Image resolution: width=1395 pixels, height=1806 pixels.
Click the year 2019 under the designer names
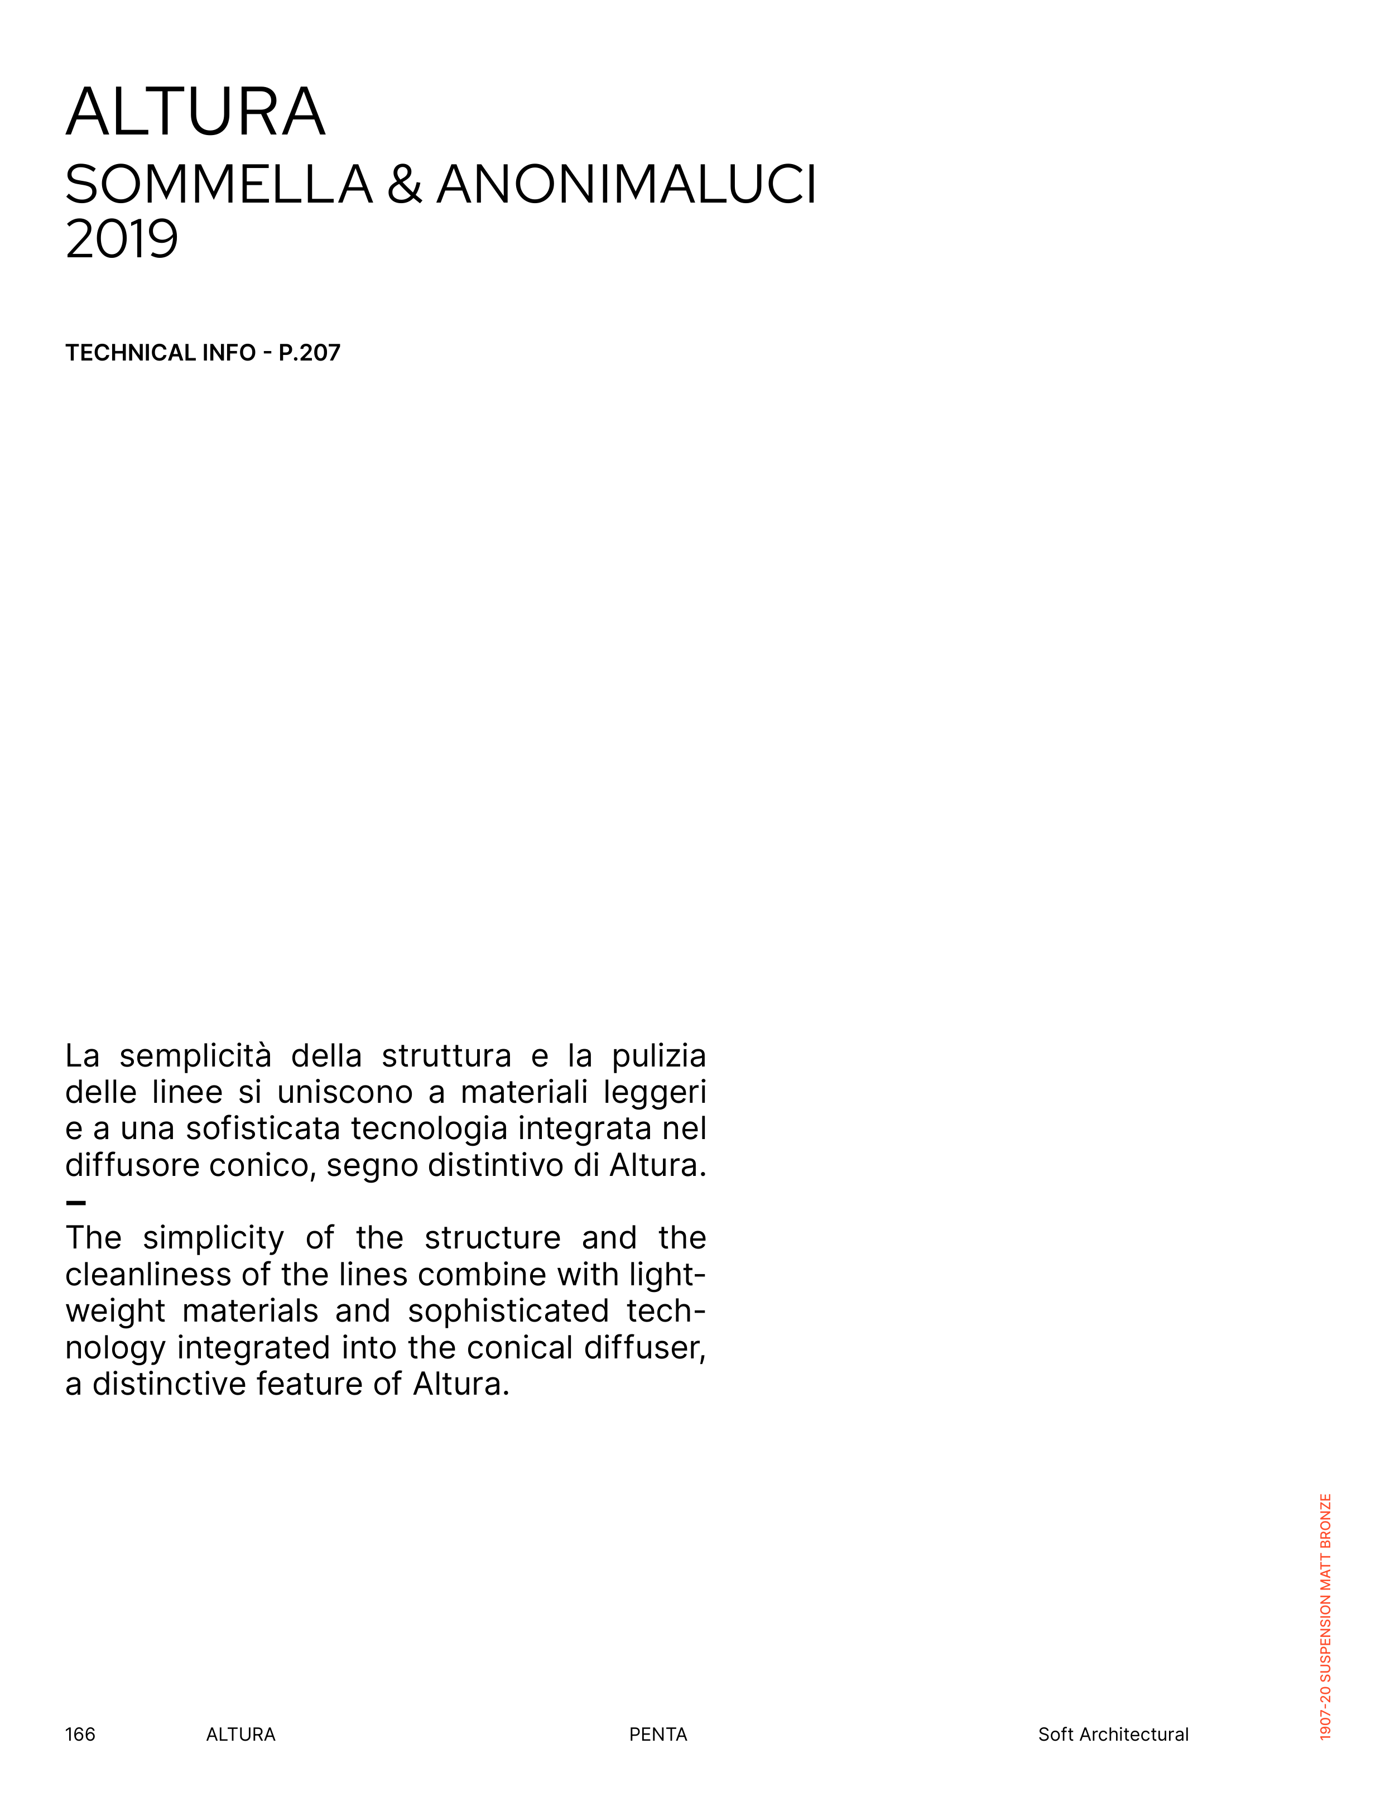pyautogui.click(x=122, y=240)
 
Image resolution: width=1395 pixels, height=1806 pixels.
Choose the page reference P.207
pyautogui.click(x=309, y=353)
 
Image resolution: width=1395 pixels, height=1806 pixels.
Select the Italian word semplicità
pyautogui.click(x=195, y=1057)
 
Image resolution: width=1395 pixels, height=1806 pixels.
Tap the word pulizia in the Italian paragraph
pyautogui.click(x=658, y=1057)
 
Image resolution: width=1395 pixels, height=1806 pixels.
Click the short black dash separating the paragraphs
pyautogui.click(x=75, y=1203)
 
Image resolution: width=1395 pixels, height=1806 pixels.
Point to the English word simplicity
pyautogui.click(x=213, y=1238)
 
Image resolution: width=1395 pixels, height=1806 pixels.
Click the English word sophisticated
pyautogui.click(x=508, y=1310)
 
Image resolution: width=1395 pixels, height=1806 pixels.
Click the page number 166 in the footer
pyautogui.click(x=80, y=1734)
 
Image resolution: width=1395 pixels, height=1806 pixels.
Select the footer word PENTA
pyautogui.click(x=657, y=1734)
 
